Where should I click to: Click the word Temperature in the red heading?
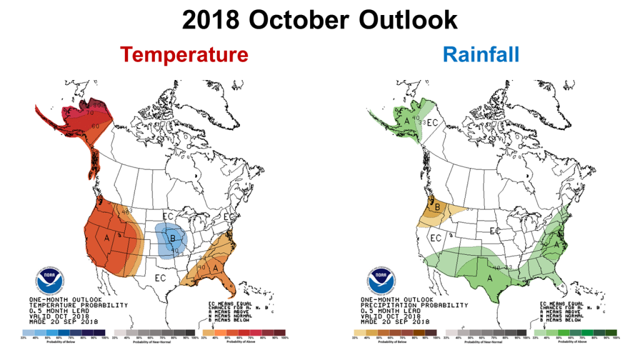pos(184,54)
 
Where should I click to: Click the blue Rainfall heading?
pos(481,54)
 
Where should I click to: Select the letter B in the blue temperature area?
pos(172,237)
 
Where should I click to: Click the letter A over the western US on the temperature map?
pos(107,238)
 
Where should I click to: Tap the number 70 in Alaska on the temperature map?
pos(89,113)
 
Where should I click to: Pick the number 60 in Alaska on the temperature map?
pos(96,127)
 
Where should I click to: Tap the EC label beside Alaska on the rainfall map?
pos(432,122)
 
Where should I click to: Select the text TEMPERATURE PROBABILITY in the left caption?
pos(78,305)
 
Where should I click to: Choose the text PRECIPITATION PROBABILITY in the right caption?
pos(414,305)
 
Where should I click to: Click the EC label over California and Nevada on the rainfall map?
pos(436,238)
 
